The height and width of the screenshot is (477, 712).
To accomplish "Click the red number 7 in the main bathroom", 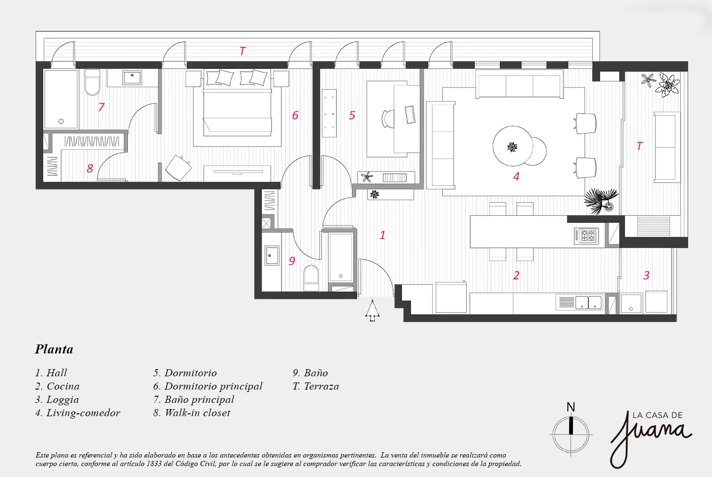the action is [102, 107].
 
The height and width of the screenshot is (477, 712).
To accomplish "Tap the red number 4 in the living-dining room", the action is [516, 176].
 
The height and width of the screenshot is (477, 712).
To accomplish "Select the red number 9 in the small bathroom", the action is [292, 261].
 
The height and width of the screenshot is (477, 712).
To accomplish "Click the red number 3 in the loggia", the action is [646, 275].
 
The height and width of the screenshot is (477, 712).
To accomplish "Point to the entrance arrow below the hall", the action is [372, 310].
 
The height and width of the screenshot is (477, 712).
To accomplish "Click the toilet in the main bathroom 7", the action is [93, 83].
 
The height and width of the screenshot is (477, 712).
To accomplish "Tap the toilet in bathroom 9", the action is [311, 278].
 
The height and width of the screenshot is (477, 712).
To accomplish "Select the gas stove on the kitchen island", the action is [586, 236].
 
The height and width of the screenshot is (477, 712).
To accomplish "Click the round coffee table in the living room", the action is [512, 146].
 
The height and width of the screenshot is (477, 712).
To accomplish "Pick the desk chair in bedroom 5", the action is [388, 119].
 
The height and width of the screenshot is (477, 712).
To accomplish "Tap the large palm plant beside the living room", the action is [601, 201].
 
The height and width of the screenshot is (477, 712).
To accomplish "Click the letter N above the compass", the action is [571, 407].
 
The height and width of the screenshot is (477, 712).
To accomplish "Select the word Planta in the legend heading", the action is [54, 349].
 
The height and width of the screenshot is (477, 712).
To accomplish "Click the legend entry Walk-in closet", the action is [191, 413].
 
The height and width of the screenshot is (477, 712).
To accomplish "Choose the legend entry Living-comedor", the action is [77, 413].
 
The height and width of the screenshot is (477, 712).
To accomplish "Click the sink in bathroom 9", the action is [272, 255].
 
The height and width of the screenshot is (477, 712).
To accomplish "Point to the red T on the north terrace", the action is [243, 51].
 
